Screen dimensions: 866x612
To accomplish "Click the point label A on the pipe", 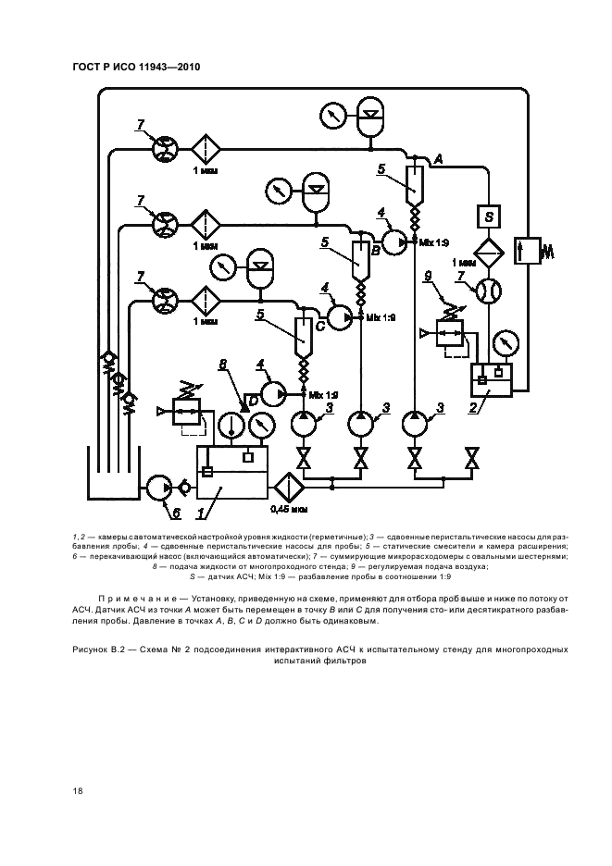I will (438, 160).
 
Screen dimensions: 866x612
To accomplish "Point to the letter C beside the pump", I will (319, 324).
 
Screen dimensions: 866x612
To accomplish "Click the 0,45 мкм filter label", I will (288, 508).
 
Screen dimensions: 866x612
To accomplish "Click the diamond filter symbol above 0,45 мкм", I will (288, 483).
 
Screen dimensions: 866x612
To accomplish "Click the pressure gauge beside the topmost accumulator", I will (331, 116).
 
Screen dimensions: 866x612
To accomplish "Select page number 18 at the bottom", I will (79, 790).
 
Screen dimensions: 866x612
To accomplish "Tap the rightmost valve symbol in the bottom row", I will (472, 458).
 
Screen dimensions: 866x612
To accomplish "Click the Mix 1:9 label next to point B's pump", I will (434, 241).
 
